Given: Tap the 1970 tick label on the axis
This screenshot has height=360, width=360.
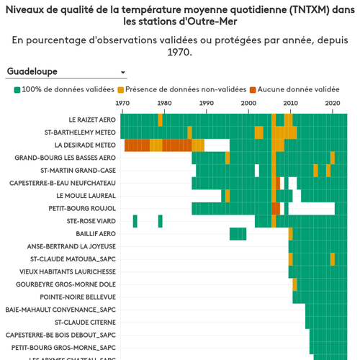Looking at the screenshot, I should (x=122, y=104).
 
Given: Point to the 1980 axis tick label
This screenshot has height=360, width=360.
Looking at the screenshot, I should (x=164, y=104).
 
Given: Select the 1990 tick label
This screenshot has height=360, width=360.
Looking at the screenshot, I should (x=207, y=104).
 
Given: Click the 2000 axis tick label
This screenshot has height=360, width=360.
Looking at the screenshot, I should (x=248, y=104).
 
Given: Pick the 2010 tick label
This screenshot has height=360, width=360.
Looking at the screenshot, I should (x=290, y=104).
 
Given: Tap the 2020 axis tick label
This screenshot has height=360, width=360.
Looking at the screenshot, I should (x=332, y=104).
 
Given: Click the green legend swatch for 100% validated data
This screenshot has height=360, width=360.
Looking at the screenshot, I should (x=17, y=89).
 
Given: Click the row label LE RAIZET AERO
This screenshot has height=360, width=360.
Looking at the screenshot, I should (x=92, y=120).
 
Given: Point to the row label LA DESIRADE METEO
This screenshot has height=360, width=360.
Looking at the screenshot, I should (x=84, y=145).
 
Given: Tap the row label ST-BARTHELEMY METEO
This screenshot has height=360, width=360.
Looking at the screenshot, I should (x=80, y=132).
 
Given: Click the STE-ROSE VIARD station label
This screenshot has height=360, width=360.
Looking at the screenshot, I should (x=91, y=221).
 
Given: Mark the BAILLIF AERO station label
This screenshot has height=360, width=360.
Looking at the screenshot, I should (x=96, y=234).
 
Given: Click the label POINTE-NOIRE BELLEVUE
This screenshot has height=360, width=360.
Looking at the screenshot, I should (x=78, y=297).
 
